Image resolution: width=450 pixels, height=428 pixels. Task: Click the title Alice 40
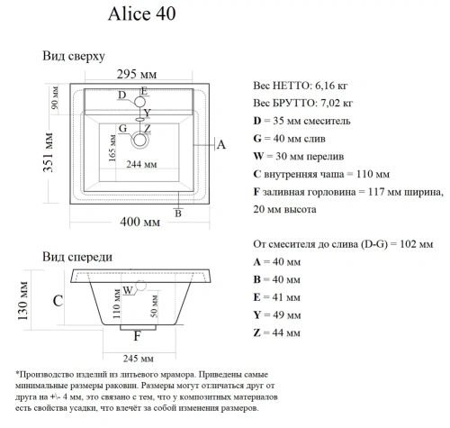coord(136,14)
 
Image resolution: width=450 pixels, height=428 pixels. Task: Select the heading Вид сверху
coord(74,56)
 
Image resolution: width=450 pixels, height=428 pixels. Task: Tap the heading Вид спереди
coord(77,256)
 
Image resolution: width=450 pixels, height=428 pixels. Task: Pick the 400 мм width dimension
coord(140,221)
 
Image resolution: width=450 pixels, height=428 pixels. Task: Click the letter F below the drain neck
coord(137,336)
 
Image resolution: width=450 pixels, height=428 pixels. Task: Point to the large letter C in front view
coord(56,301)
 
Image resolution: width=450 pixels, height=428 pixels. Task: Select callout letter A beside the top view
coord(220,144)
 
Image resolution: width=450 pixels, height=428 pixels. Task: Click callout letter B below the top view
coord(178,213)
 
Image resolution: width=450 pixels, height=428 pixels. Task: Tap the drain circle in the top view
coord(140,140)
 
